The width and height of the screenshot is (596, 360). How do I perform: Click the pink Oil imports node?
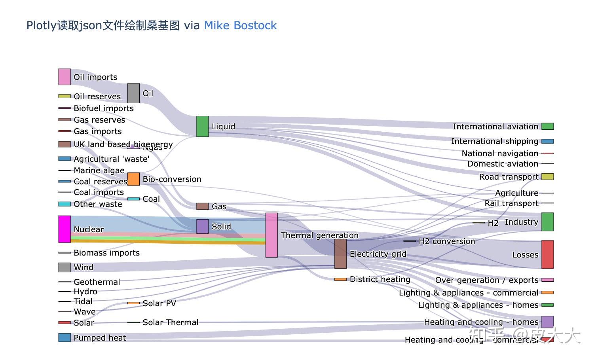tap(65, 77)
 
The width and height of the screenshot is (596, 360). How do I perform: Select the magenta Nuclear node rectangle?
tap(65, 229)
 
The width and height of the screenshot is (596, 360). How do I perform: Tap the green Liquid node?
tap(202, 127)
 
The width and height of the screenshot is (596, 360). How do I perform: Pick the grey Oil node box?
tap(133, 93)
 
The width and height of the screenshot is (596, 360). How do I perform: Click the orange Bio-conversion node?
tap(133, 179)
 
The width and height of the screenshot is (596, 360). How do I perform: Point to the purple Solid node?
tap(202, 227)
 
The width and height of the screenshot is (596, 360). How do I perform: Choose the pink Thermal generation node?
tap(271, 235)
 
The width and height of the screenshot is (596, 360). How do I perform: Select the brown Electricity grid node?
tap(340, 254)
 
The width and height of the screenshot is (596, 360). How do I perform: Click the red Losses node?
tap(547, 254)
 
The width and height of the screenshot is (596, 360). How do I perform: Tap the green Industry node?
tap(547, 222)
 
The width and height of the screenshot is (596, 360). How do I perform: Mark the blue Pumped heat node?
tap(65, 337)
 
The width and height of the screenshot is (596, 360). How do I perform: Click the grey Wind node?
tap(65, 267)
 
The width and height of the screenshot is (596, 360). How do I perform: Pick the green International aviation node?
tap(547, 126)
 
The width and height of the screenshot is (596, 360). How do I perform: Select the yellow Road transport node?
tap(547, 176)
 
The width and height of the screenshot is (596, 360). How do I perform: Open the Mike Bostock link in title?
tap(240, 25)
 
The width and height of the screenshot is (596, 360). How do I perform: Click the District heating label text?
tap(380, 279)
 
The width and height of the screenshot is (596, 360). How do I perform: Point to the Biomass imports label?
tap(106, 253)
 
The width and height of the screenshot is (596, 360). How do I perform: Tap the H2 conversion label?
tap(447, 241)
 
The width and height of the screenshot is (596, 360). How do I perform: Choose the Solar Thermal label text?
tap(171, 322)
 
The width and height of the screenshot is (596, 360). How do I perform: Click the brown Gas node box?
tap(202, 206)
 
